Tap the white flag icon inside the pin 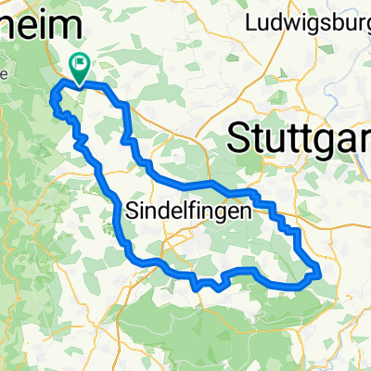(x=81, y=64)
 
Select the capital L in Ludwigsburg (x=251, y=20)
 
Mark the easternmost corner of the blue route (x=320, y=271)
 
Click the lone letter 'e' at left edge (x=4, y=72)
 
